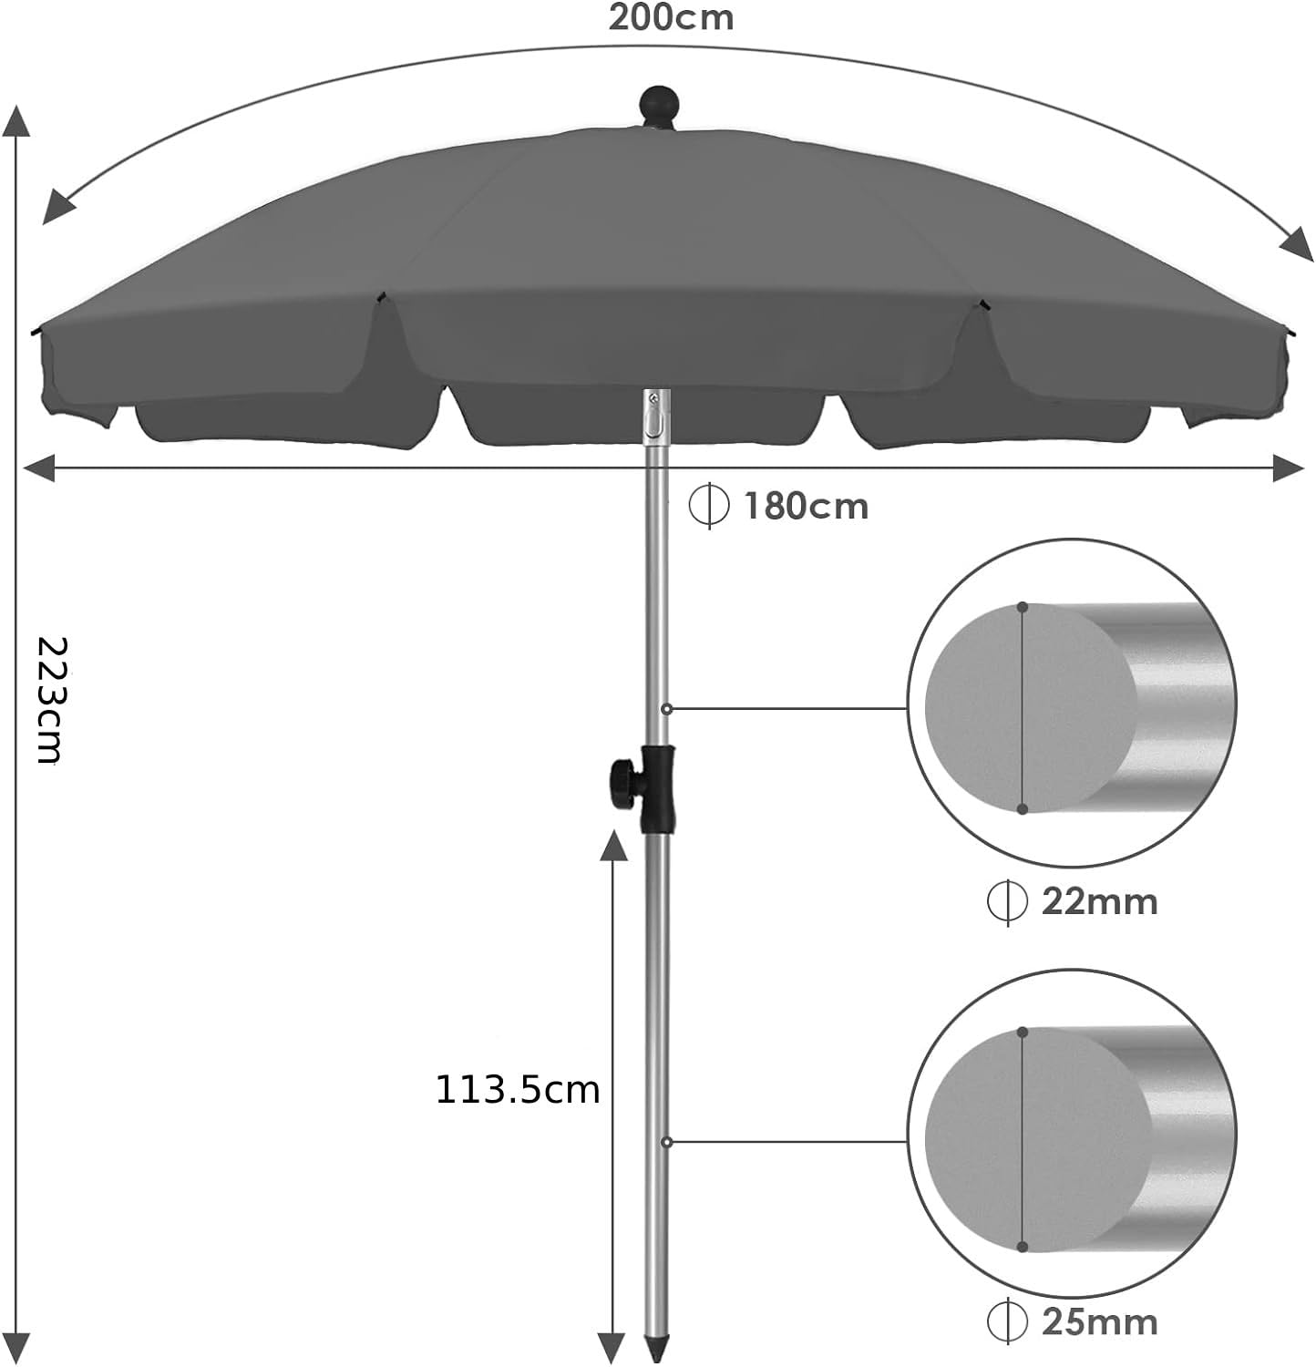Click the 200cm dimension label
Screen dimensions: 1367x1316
(x=671, y=18)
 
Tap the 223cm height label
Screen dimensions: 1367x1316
(x=51, y=700)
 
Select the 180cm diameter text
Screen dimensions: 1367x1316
(x=806, y=507)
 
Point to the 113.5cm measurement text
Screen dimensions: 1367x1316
(x=518, y=1090)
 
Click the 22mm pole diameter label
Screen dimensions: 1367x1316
(x=1099, y=902)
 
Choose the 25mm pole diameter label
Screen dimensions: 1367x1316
(x=1099, y=1322)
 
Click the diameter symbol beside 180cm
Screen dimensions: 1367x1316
(x=709, y=506)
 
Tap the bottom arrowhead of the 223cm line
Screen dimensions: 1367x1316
(x=19, y=1347)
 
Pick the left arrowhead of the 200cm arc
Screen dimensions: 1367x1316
(x=59, y=208)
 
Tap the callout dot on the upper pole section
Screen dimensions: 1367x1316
(x=667, y=708)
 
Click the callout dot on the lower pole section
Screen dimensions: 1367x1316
(x=667, y=1142)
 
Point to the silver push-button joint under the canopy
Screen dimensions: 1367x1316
(x=655, y=418)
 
